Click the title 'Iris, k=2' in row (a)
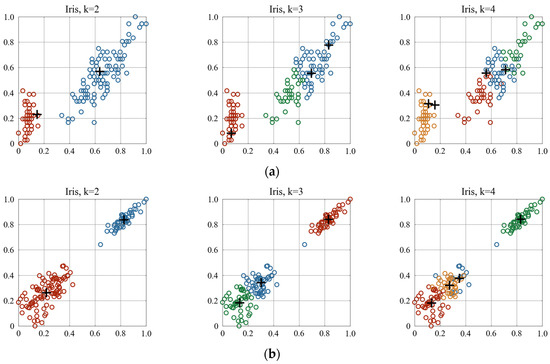(x=83, y=8)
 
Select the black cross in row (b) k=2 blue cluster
(x=124, y=219)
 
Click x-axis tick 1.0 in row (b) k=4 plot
(x=541, y=335)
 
